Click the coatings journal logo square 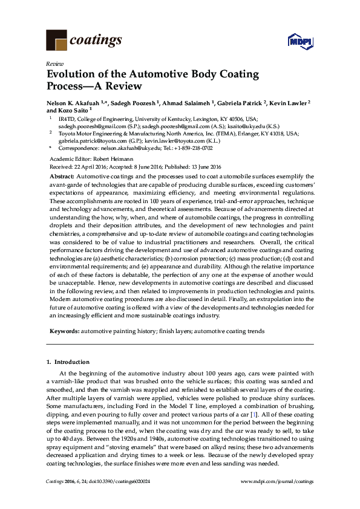56,41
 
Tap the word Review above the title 54,63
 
